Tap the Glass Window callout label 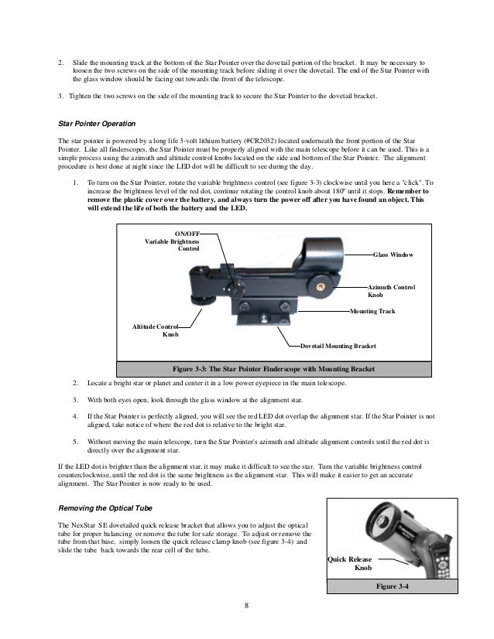pyautogui.click(x=394, y=254)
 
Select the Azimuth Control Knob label pyautogui.click(x=391, y=291)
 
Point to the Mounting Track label pyautogui.click(x=372, y=311)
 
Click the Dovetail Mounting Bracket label pyautogui.click(x=338, y=347)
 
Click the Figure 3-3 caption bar pyautogui.click(x=273, y=369)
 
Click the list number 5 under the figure pyautogui.click(x=75, y=441)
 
